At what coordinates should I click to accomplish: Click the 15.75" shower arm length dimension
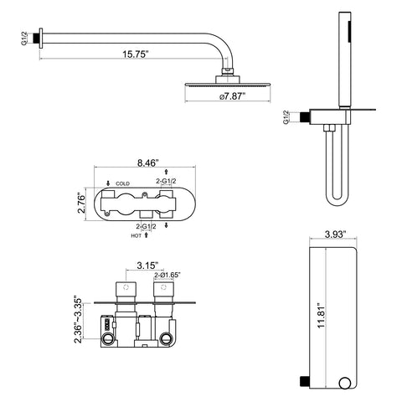point(135,54)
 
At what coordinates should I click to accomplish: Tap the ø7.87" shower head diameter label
point(232,96)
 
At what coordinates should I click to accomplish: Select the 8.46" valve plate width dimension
point(148,162)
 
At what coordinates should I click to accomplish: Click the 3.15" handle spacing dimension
point(147,265)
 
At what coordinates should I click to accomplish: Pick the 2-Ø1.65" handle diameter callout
point(167,275)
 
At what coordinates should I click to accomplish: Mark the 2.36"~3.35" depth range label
point(79,320)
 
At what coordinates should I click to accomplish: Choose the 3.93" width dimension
point(335,234)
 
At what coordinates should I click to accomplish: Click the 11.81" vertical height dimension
point(322,316)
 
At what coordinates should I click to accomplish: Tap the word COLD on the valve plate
point(122,183)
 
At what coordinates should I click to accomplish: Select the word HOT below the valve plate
point(137,236)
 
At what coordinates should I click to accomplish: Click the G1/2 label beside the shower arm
point(24,39)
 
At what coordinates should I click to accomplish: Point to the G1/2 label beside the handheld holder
point(286,117)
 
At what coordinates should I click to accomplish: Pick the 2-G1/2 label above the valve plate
point(166,181)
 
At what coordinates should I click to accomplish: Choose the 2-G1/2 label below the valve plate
point(146,226)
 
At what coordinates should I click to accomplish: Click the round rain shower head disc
point(228,84)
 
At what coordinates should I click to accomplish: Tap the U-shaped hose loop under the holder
point(338,198)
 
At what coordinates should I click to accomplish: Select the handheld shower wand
point(345,59)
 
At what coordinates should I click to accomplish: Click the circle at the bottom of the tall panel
point(346,383)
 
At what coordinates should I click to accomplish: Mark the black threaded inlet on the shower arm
point(36,39)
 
